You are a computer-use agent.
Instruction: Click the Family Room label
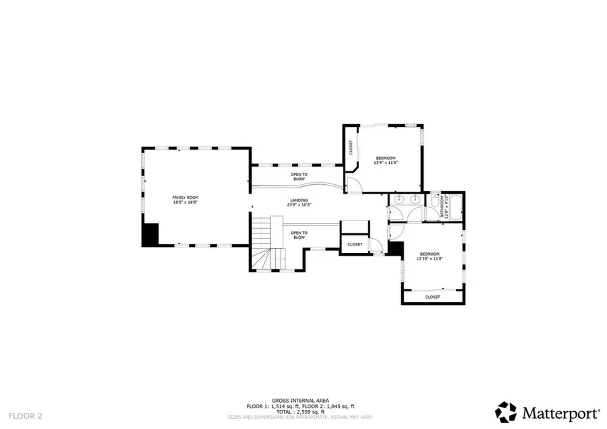click(185, 197)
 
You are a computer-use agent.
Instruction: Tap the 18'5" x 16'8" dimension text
click(185, 202)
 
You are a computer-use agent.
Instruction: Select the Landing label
click(299, 200)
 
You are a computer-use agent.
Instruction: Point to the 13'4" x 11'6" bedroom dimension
click(386, 163)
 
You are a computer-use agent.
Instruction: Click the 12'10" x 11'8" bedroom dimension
click(430, 258)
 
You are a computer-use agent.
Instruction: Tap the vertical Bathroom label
click(442, 206)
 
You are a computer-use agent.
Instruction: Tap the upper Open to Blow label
click(299, 177)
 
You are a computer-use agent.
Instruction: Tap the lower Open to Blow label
click(299, 235)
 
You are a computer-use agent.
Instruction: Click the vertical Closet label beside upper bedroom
click(351, 146)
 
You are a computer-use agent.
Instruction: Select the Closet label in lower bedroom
click(432, 297)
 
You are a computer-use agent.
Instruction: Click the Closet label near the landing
click(355, 244)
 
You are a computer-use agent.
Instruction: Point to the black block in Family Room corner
click(149, 235)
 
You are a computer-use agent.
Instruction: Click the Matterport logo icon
click(507, 411)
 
